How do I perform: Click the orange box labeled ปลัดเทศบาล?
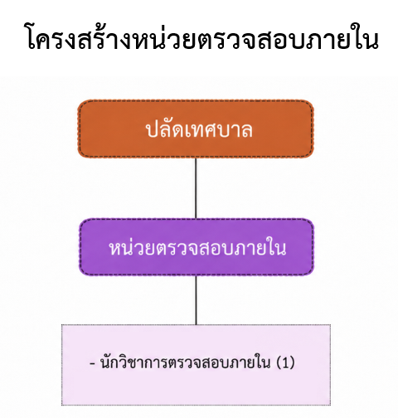point(196,129)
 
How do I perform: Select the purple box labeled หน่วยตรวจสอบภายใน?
point(197,247)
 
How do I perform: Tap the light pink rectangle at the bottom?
point(196,365)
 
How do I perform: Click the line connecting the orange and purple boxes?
point(196,188)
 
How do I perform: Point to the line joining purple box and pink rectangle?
point(196,300)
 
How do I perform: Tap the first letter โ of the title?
point(33,37)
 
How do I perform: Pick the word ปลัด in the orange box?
point(165,129)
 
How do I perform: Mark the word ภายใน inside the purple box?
point(258,247)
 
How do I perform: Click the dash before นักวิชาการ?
point(92,363)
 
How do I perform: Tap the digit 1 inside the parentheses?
point(285,362)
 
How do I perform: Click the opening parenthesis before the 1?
point(279,362)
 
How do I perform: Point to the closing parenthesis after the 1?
point(292,362)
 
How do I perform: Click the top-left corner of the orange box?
point(78,100)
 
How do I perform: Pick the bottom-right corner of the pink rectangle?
point(331,406)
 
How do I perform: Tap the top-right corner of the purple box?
point(313,219)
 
